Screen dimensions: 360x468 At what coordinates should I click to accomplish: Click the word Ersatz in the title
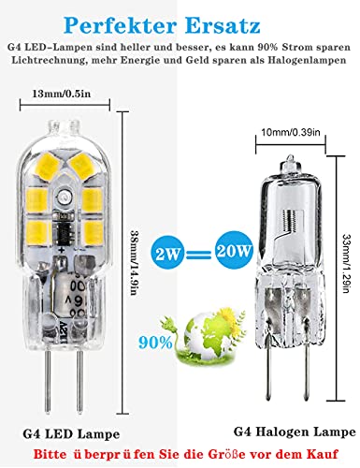point(223,25)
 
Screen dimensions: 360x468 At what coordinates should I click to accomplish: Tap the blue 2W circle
point(167,252)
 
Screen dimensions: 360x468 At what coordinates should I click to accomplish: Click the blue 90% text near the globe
point(155,343)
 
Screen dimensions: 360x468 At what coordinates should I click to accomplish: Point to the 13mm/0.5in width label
point(62,94)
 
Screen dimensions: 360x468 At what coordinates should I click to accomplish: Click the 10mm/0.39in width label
point(291,132)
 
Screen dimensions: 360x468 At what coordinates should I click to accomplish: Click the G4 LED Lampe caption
point(71,434)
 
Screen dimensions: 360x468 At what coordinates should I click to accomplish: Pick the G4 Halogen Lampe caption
point(295,431)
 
